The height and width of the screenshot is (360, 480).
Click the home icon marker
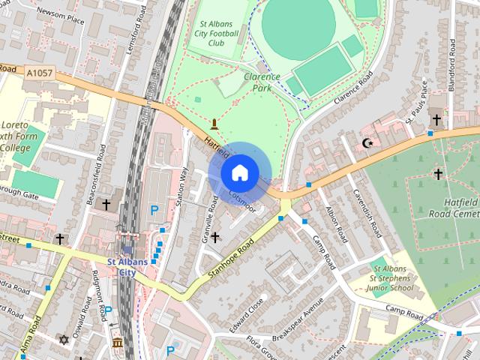pos(238,172)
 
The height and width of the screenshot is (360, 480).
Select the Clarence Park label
pos(262,82)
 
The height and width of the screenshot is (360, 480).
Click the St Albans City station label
pos(121,266)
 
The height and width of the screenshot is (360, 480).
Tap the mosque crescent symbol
pos(367,142)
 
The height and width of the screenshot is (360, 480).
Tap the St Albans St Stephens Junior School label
pos(392,278)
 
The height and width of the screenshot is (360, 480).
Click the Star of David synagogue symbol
pos(64,340)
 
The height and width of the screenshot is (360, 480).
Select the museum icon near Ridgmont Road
pos(117,344)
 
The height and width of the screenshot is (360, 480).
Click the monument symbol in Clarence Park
pos(216,122)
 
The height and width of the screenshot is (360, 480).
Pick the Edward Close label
pos(248,317)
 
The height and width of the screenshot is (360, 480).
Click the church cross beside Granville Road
pos(215,238)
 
